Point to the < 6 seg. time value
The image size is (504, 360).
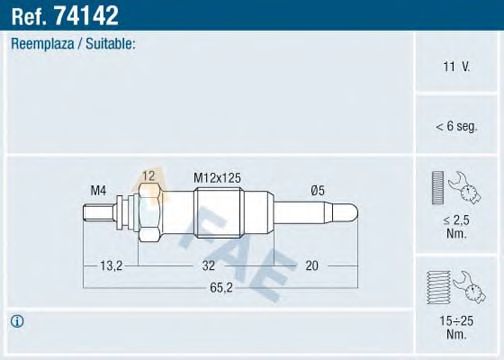[x=456, y=126]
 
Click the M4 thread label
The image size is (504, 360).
[x=99, y=189]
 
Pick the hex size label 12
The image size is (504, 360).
[x=148, y=176]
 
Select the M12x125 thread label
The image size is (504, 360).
[x=217, y=177]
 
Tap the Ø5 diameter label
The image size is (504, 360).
[x=319, y=189]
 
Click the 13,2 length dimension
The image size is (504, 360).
[x=111, y=267]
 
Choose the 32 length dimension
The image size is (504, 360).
[x=207, y=267]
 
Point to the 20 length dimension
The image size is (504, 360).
[x=311, y=267]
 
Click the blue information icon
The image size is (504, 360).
[x=17, y=322]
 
